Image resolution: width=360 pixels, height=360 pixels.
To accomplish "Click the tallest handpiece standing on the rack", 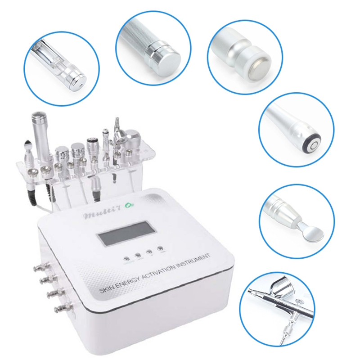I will click(36, 130).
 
